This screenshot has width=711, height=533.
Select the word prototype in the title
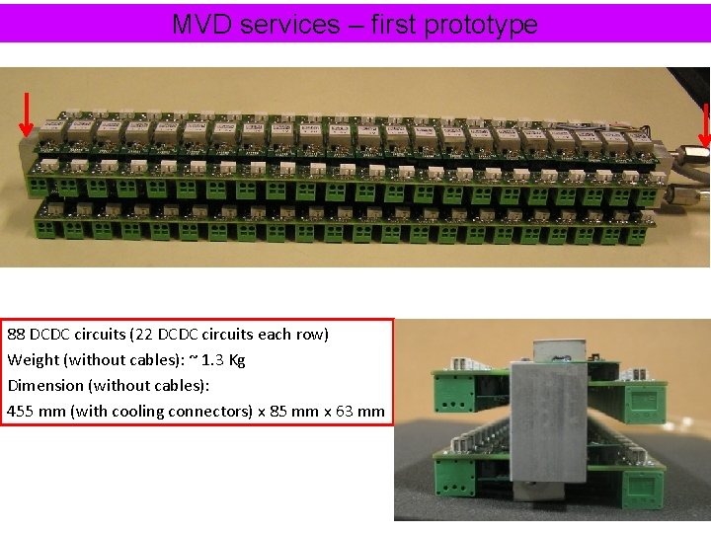pos(480,25)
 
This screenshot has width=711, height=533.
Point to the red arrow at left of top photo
pos(27,114)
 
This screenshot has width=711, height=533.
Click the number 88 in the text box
pos(17,334)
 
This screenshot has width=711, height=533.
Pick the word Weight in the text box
pos(32,359)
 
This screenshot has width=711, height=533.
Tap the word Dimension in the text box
pos(45,385)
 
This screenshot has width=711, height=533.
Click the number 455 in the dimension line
pos(21,411)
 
